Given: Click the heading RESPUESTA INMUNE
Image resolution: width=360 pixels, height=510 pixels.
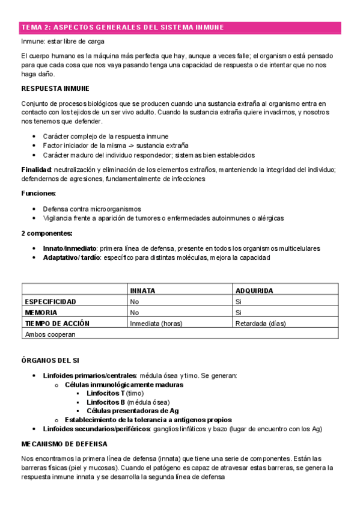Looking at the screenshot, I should tap(47, 88).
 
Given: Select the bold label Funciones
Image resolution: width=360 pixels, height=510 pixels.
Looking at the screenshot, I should tap(38, 194).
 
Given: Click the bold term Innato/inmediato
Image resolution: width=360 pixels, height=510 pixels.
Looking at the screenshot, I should tap(70, 248).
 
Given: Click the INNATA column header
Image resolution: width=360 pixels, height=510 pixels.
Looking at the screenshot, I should tap(142, 290).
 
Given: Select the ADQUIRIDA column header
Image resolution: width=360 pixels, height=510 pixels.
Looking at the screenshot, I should tap(254, 290).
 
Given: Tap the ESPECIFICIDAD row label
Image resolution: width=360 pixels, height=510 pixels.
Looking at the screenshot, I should tap(50, 301).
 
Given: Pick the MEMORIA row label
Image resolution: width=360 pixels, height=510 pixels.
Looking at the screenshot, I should tap(41, 312).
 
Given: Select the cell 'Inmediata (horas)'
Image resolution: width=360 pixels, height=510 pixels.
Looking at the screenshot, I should tap(157, 323).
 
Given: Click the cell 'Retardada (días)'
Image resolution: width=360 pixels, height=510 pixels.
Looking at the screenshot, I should tap(260, 323).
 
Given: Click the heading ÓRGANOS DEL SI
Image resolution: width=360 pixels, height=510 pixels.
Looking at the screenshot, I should tap(50, 360).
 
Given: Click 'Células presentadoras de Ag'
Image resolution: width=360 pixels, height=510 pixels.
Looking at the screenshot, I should tap(132, 411).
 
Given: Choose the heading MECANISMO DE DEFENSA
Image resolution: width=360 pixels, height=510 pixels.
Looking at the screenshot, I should tap(64, 444).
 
